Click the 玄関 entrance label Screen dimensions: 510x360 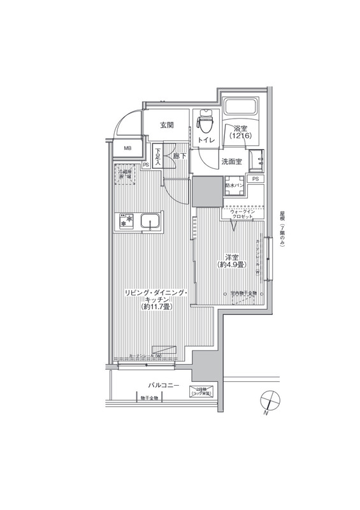pos(167,125)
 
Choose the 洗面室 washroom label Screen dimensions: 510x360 pos(232,161)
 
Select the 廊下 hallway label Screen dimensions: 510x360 pos(179,155)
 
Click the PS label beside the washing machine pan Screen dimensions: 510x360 pos(255,180)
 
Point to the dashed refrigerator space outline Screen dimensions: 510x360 pos(124,176)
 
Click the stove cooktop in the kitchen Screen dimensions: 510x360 pos(125,221)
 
